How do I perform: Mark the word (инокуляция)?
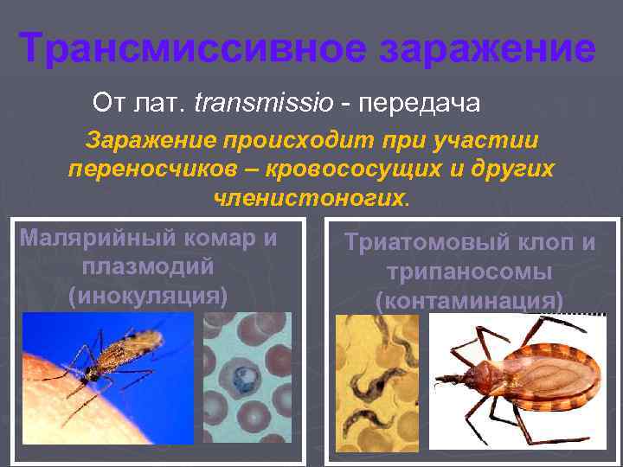[148, 296]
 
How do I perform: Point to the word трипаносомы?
[470, 272]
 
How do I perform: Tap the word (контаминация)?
[470, 300]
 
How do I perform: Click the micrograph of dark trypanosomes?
[376, 380]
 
